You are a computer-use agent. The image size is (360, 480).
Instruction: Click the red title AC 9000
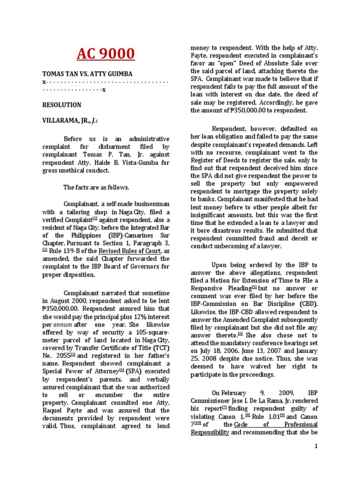(x=105, y=54)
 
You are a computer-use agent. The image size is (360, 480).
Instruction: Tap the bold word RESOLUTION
(x=61, y=105)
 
